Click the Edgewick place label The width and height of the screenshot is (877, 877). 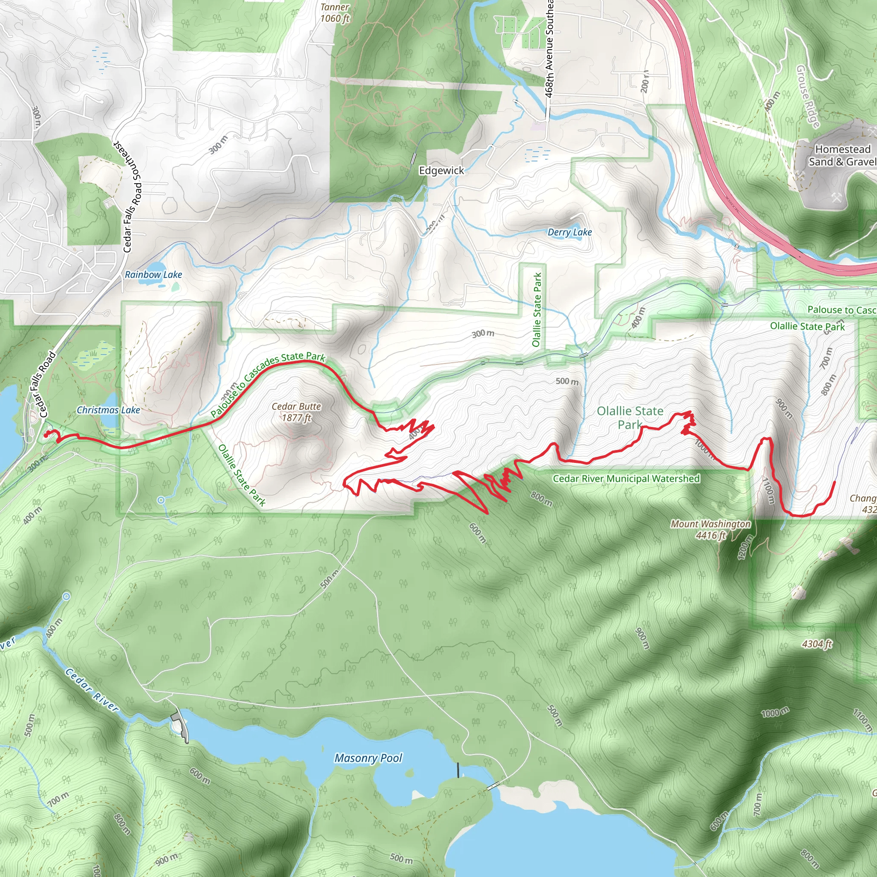tap(441, 171)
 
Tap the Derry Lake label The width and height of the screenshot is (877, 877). tap(570, 233)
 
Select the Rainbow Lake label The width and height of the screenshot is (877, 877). tap(153, 274)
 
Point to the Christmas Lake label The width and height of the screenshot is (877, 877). tap(108, 410)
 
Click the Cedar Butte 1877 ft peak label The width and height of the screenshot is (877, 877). tap(296, 412)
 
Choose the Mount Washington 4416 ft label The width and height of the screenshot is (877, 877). tap(710, 529)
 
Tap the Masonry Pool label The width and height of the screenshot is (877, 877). tap(368, 758)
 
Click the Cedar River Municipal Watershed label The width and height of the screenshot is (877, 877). tap(626, 478)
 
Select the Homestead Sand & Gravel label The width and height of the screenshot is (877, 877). tap(842, 155)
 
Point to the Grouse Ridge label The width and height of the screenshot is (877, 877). tap(808, 96)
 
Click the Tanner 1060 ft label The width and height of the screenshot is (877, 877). tap(335, 13)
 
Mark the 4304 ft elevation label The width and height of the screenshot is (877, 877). tap(817, 644)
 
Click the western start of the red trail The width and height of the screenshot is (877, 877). tap(46, 435)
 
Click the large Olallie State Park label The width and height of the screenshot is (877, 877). tap(630, 417)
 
